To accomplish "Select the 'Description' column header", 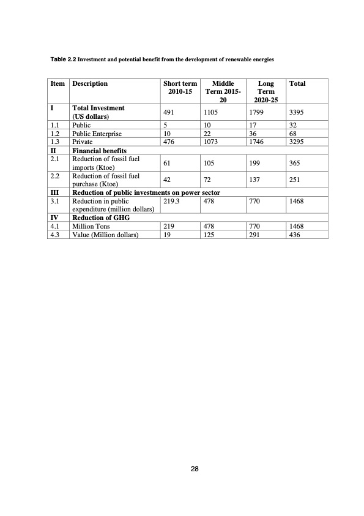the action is (90, 83).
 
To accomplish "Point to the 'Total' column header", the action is (297, 83).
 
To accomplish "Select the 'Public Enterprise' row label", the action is (97, 133).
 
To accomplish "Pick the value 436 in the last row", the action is (295, 233).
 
